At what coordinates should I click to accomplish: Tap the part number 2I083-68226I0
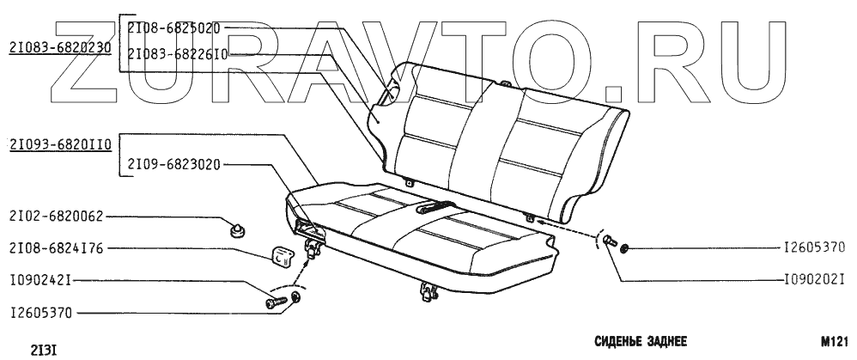point(178,52)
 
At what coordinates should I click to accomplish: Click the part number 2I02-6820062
point(55,217)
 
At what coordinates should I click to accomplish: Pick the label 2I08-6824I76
point(55,249)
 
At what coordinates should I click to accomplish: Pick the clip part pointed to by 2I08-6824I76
point(278,253)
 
